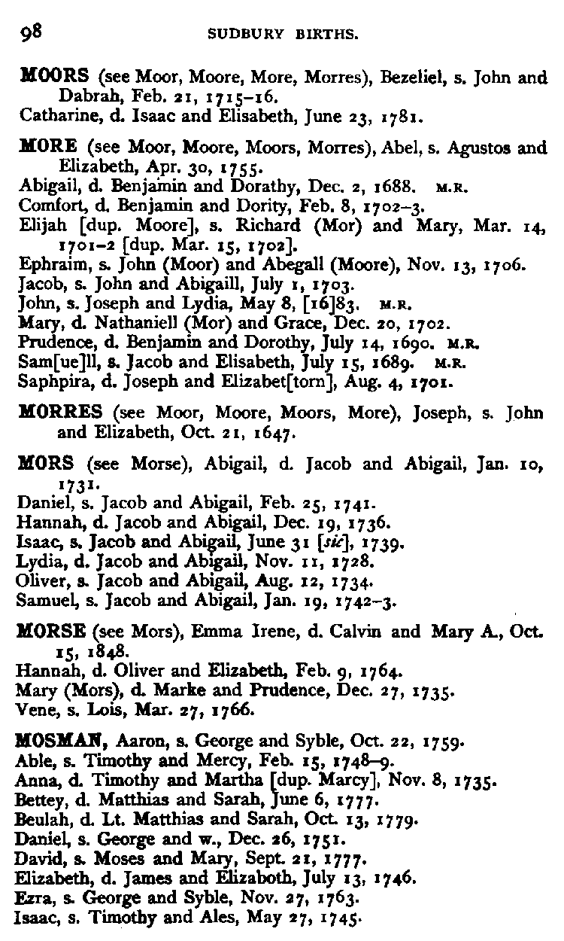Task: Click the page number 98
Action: pyautogui.click(x=31, y=32)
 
